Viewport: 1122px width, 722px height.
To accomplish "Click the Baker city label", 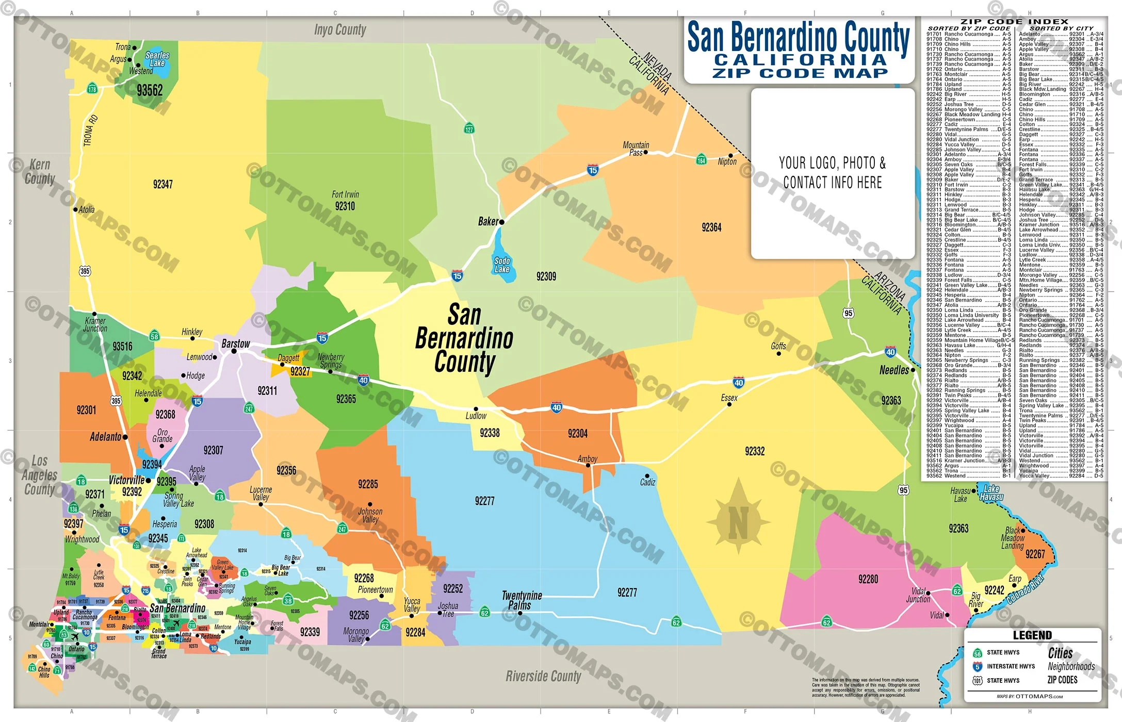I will [x=488, y=222].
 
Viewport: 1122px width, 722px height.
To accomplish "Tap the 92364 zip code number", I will [x=711, y=227].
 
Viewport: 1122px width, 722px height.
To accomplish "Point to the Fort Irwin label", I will [x=345, y=194].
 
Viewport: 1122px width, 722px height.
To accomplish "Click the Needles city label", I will [x=894, y=370].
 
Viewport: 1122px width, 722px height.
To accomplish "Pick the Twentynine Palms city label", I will [x=522, y=600].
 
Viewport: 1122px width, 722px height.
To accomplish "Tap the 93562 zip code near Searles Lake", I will [x=150, y=91].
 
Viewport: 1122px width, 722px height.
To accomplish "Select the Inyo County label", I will [x=340, y=30].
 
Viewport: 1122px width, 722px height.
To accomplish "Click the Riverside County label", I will [x=543, y=676].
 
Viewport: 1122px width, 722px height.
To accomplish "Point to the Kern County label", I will [x=40, y=172].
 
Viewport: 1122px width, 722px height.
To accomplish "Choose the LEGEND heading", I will [x=1032, y=635].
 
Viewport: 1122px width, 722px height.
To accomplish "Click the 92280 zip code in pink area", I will [x=868, y=579].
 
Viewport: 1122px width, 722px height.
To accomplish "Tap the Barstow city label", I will [x=236, y=343].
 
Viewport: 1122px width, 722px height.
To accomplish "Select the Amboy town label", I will [x=587, y=458].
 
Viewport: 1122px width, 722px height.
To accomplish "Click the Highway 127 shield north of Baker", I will [x=469, y=128].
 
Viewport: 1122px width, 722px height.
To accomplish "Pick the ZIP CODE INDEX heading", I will [x=1014, y=22].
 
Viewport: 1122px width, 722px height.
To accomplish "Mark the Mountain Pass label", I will [x=636, y=149].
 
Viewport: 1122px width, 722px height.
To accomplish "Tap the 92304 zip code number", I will [x=577, y=434].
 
